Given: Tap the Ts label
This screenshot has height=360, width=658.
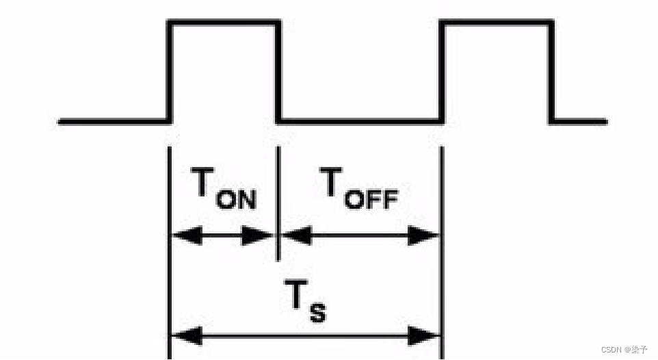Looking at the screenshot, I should (304, 302).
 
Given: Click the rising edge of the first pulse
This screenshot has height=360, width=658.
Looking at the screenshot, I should (170, 72).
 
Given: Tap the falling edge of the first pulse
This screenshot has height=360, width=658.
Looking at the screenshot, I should (279, 72).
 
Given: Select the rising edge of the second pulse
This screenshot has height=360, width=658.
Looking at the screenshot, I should (442, 72).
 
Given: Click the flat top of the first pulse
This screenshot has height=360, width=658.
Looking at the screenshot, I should (224, 23).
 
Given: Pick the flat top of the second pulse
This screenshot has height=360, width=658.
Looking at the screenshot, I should (497, 23).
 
